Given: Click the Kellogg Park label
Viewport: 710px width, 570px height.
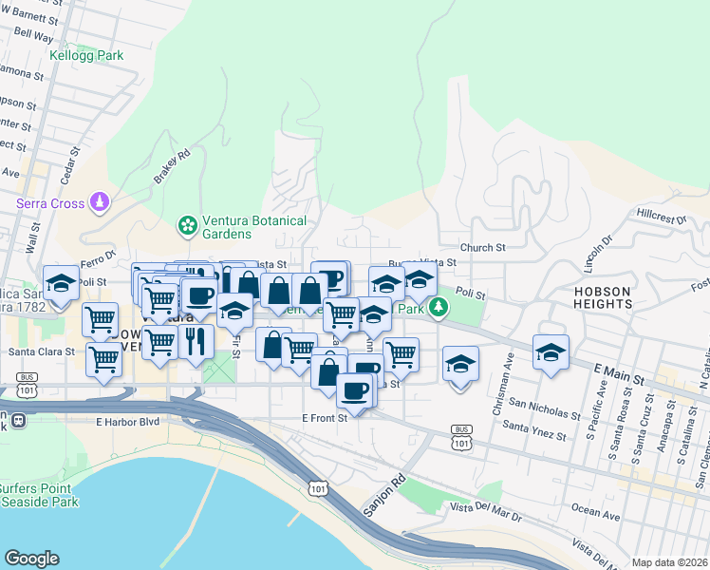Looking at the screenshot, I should point(86,56).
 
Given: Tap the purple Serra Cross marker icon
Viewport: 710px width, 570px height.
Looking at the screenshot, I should point(100,201).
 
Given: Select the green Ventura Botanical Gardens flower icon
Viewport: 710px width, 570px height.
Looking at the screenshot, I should point(187,226).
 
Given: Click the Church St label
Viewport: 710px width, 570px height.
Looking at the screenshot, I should point(482,248).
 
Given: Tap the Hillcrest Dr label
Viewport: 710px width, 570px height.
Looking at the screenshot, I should point(662,218).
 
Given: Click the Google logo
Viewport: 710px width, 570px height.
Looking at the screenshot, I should point(31,558).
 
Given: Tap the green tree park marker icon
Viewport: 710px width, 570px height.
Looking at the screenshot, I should point(438,308).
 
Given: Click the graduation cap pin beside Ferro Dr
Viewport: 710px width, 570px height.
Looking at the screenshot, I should point(61,283).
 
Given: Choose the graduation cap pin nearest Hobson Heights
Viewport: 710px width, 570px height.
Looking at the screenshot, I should point(551,352).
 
